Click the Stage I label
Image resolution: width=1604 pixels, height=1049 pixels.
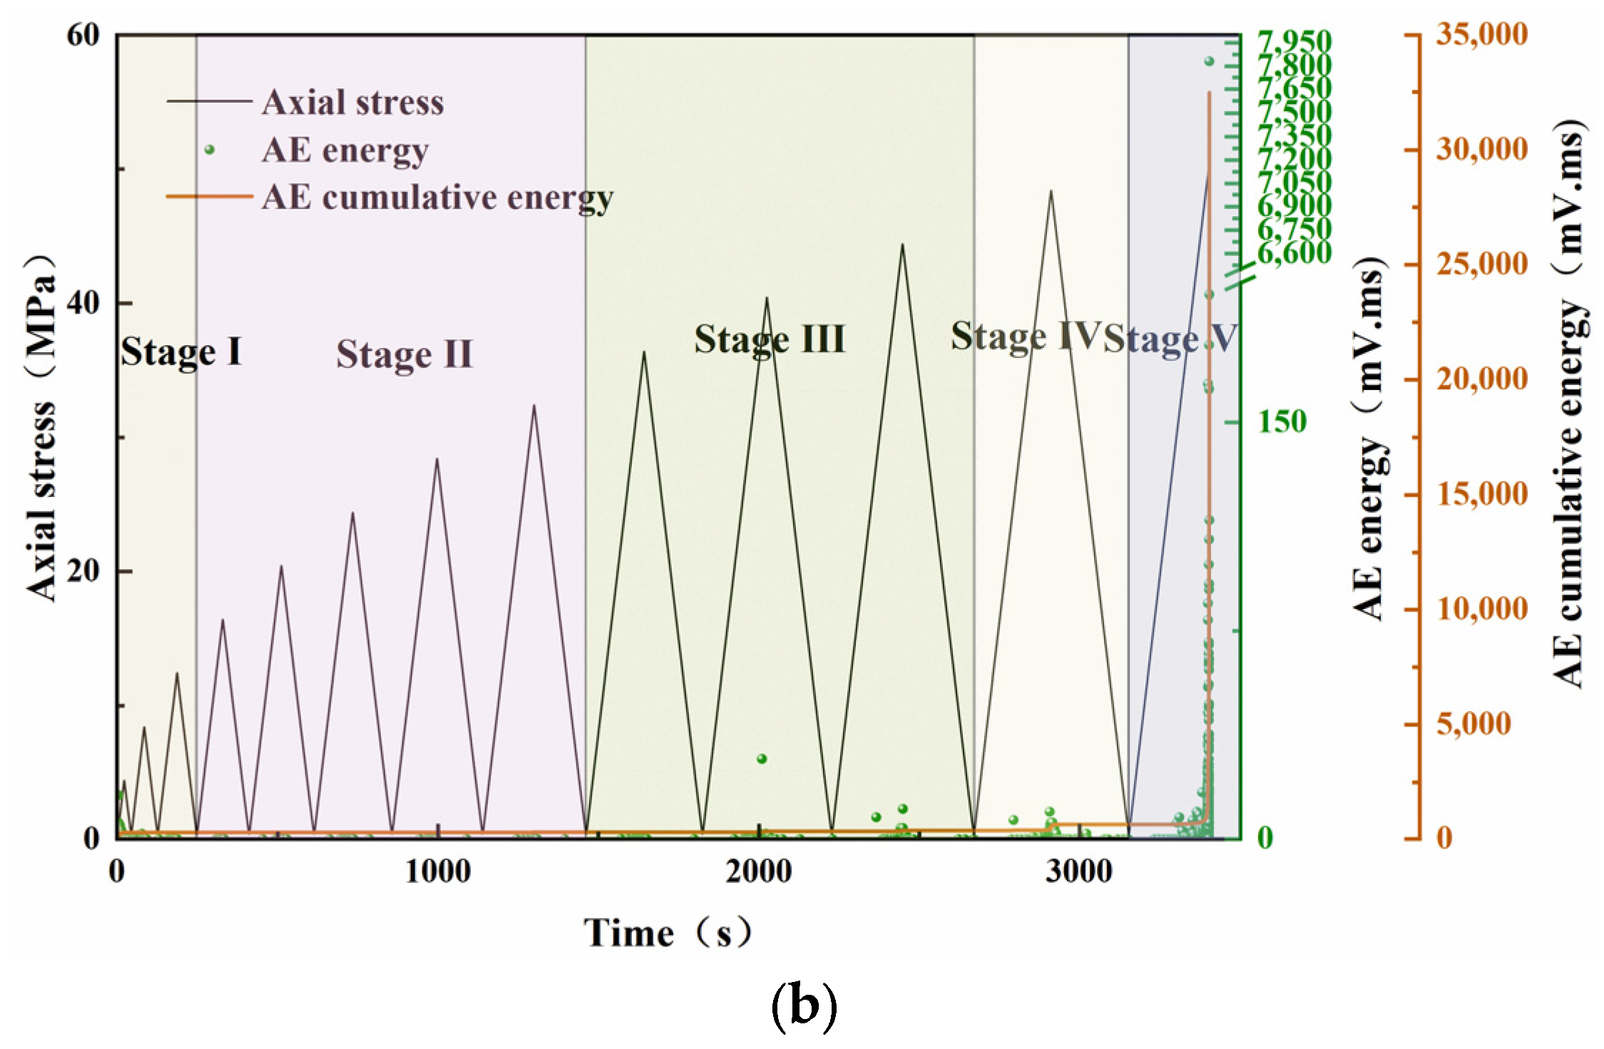[x=181, y=352]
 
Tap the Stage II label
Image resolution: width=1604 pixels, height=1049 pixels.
[x=404, y=354]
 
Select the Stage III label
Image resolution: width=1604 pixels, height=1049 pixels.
[x=770, y=339]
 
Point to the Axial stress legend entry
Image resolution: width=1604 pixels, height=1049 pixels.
[x=352, y=103]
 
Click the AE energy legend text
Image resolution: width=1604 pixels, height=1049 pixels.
[x=345, y=150]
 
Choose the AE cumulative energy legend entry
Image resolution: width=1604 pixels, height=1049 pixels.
[x=437, y=197]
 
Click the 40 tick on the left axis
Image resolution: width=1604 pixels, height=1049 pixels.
[x=83, y=303]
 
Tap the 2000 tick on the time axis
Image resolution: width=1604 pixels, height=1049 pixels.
[x=758, y=871]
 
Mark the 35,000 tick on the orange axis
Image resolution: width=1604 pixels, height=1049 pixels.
[x=1482, y=34]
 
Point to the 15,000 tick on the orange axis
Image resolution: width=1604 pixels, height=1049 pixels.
[x=1482, y=494]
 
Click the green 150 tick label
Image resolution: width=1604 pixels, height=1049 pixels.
[x=1282, y=422]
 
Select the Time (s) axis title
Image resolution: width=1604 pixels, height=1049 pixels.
[x=668, y=933]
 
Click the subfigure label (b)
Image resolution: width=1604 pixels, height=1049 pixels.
[x=804, y=1004]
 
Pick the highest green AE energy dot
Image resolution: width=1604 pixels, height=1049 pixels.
[x=1209, y=61]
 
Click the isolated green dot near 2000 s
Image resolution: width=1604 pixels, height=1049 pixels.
[x=762, y=758]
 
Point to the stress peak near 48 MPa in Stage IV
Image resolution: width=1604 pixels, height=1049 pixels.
[x=1051, y=191]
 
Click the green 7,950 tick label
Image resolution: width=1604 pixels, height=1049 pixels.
[x=1293, y=41]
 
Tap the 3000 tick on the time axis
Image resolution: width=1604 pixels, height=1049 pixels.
[x=1079, y=871]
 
